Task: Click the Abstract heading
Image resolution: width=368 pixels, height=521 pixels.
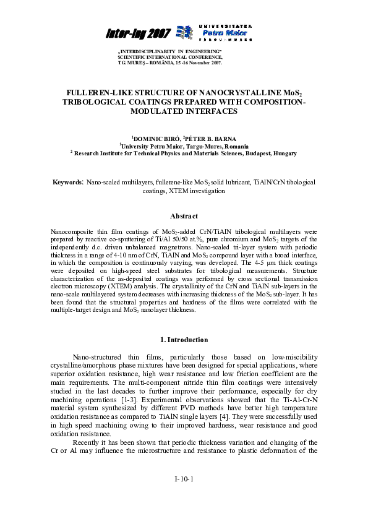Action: click(184, 216)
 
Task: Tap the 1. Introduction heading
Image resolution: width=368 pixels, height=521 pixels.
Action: click(184, 340)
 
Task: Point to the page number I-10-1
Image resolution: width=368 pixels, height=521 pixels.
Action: click(184, 480)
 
